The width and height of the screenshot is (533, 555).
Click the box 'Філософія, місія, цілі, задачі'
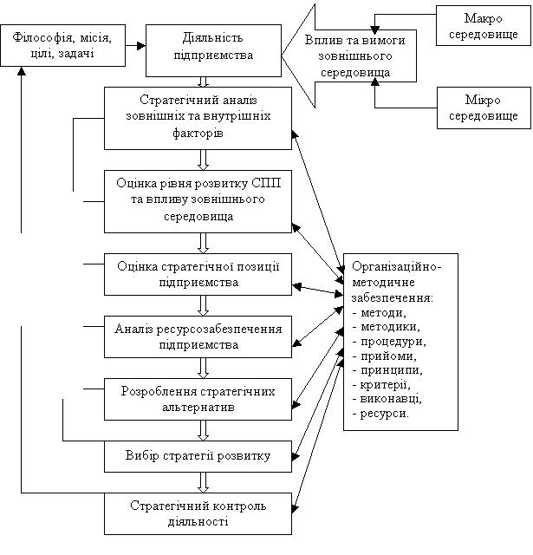coord(63,45)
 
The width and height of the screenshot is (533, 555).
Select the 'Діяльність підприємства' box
coord(213,50)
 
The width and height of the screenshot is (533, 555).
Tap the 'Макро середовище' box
coord(483,25)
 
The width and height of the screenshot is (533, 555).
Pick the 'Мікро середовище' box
coord(484,108)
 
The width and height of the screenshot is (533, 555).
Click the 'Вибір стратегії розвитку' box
coord(198,456)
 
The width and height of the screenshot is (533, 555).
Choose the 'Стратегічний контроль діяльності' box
coord(198,513)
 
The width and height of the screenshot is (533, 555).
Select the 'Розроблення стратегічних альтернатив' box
coord(198,399)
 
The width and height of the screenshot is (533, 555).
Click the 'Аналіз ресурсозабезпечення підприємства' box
coord(198,336)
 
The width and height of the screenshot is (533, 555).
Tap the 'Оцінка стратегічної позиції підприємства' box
coord(198,274)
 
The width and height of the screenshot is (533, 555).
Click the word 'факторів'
coord(198,133)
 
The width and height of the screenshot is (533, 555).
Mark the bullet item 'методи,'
coord(383,313)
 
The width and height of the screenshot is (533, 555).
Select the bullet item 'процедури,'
coord(393,342)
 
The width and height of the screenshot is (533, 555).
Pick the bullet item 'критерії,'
coord(386,385)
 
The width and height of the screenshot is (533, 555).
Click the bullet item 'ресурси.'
coord(385,414)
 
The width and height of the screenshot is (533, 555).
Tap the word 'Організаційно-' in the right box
coord(396,266)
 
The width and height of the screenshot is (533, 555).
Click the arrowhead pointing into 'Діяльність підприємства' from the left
coord(141,46)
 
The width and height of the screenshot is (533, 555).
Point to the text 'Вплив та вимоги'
coord(354,41)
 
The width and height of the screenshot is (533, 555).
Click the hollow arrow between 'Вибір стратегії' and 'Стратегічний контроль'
coord(203,482)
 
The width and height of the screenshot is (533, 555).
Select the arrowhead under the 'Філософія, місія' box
coord(22,71)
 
